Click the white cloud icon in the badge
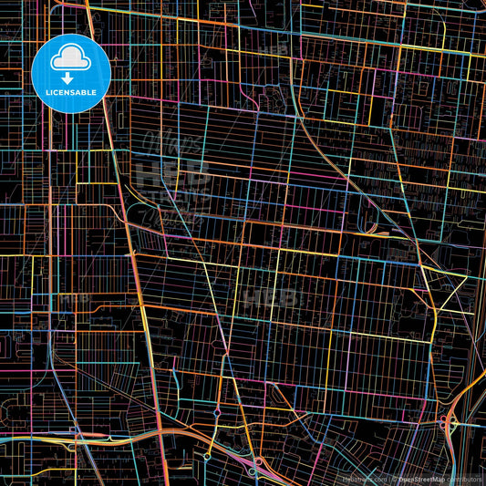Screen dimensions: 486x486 [x=70, y=59]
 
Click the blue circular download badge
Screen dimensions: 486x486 [x=70, y=73]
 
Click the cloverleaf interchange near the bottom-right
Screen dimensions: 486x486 [x=448, y=420]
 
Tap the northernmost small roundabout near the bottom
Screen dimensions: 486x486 [x=217, y=413]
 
